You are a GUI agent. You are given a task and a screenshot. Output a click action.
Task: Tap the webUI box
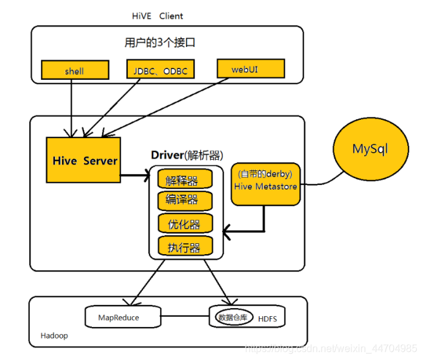pos(249,67)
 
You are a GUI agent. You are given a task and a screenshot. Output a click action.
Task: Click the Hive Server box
pos(84,160)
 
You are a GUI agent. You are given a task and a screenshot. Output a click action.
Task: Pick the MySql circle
pos(369,148)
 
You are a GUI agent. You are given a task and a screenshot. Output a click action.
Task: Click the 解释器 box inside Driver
pos(186,180)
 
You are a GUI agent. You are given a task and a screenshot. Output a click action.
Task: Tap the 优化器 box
pos(186,224)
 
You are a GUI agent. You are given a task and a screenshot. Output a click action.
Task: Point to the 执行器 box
pos(186,246)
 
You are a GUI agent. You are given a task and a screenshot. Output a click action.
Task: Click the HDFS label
pos(268,318)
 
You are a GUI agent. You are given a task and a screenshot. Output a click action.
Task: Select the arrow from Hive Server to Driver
pos(136,175)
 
